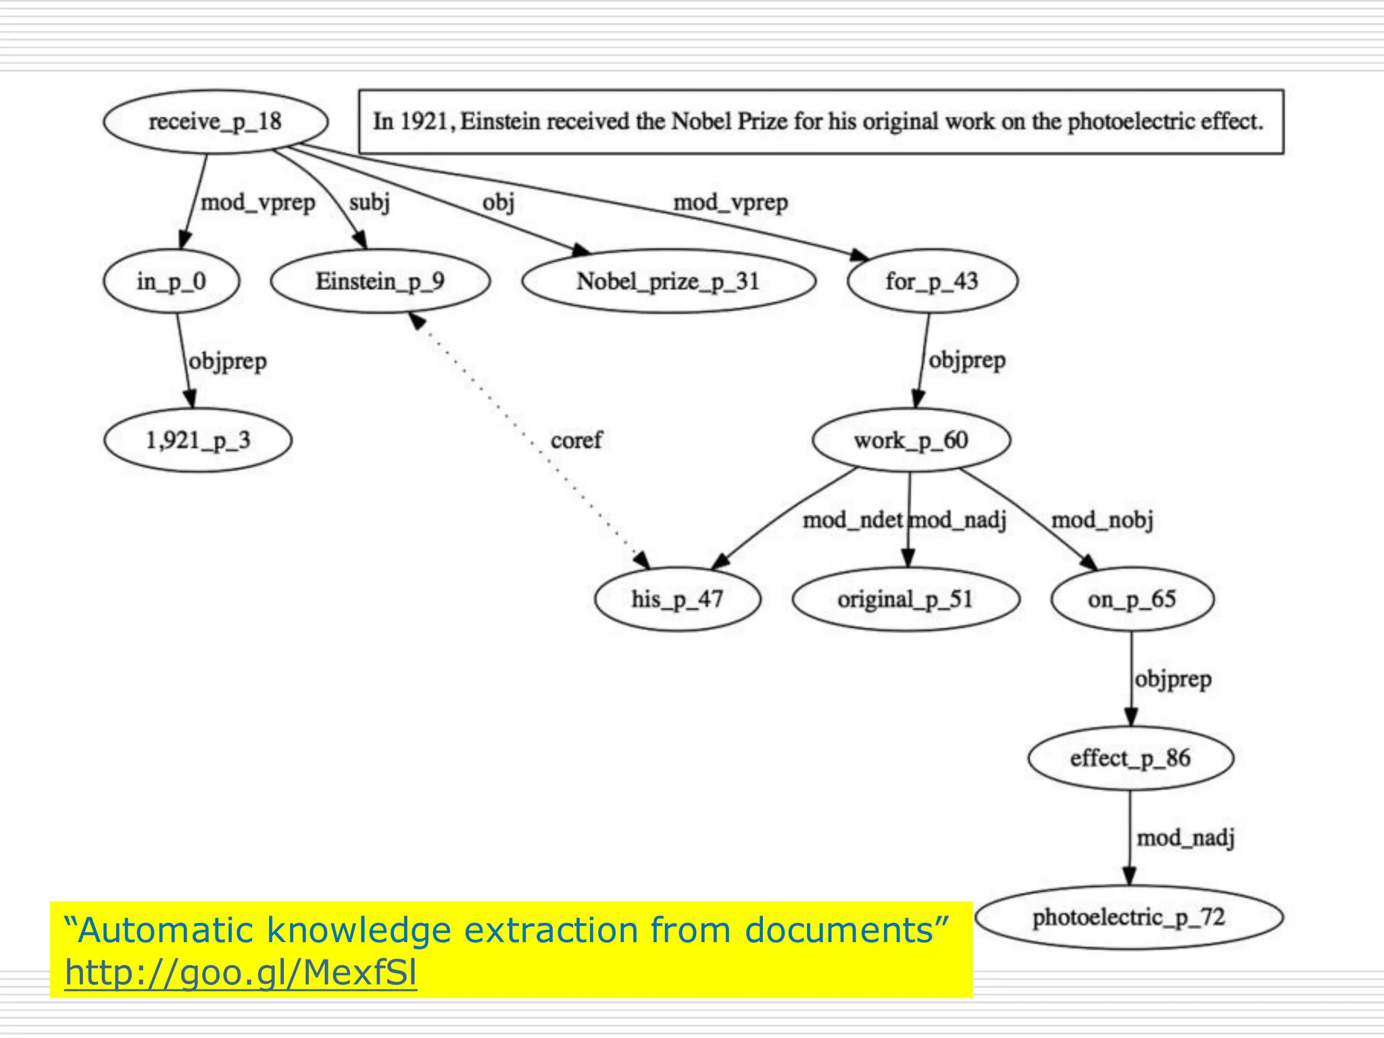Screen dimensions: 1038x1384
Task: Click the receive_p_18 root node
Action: (216, 122)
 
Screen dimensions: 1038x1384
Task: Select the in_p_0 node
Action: (171, 281)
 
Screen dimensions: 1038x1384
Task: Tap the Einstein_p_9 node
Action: (380, 281)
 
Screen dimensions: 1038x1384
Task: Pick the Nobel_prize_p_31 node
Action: (668, 281)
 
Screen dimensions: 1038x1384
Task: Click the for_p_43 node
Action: (932, 281)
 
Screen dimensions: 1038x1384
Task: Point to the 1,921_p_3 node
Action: (198, 441)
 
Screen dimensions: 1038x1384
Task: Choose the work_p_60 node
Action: (911, 441)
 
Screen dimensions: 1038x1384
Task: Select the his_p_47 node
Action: (677, 599)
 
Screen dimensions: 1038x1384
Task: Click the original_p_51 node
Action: (905, 599)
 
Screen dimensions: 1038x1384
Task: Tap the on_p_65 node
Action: (1132, 599)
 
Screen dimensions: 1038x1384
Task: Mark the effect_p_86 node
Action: (1130, 758)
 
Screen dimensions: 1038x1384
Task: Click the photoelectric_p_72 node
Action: (1129, 918)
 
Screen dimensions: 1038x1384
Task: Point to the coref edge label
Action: (576, 441)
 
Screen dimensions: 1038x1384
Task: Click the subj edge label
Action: (370, 202)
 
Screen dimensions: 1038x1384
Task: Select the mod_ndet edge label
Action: (852, 520)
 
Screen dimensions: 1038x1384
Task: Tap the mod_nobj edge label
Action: (1102, 520)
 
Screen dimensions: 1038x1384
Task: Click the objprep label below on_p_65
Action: (1172, 679)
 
